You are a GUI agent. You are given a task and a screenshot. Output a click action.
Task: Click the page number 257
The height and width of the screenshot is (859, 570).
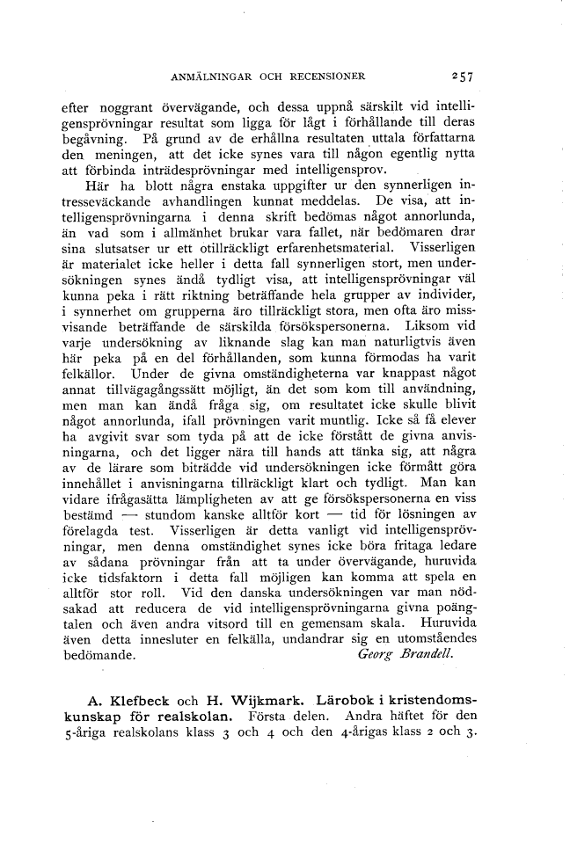tap(462, 76)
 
